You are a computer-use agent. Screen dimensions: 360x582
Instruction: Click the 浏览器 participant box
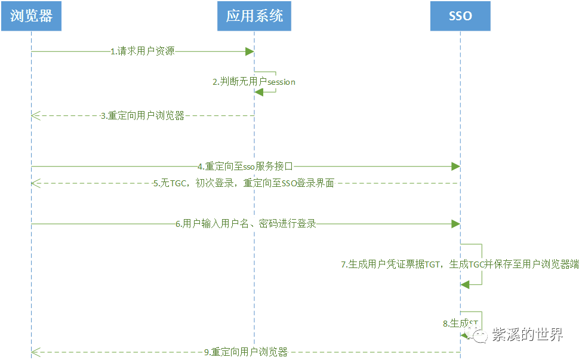(x=32, y=16)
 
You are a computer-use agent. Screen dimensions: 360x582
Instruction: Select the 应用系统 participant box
(x=254, y=16)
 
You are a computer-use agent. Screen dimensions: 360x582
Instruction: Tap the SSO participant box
(x=460, y=16)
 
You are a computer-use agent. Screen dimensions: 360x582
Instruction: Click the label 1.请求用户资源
(x=143, y=51)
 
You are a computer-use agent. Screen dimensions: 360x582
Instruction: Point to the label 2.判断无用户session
(x=254, y=82)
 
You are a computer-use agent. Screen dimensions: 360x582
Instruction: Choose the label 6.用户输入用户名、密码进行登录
(x=246, y=224)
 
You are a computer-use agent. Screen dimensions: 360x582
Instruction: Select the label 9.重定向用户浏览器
(x=246, y=352)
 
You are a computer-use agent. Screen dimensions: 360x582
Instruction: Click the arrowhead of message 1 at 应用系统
(x=251, y=51)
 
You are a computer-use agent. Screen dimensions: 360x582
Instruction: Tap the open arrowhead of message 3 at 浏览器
(x=35, y=116)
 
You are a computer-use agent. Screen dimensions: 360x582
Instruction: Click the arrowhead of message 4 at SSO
(x=456, y=166)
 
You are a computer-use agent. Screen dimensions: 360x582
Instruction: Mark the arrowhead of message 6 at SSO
(x=456, y=224)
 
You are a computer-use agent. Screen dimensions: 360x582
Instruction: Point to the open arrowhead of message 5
(x=35, y=183)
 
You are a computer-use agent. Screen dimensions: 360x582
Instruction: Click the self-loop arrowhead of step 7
(x=465, y=285)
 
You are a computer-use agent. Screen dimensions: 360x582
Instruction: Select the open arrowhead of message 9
(x=35, y=352)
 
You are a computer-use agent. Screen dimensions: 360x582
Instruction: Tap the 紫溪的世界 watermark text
(x=527, y=335)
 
